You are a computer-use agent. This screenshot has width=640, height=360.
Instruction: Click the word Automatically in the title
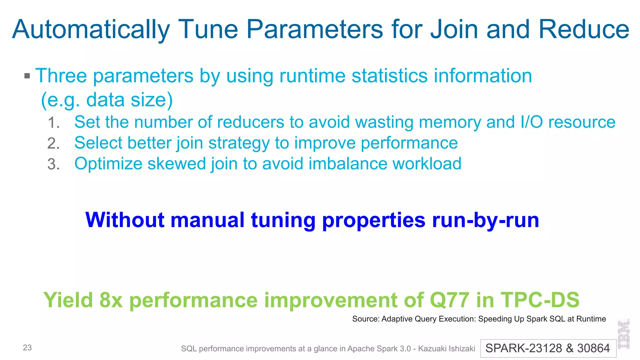[91, 30]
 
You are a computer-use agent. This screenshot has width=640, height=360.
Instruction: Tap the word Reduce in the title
[583, 29]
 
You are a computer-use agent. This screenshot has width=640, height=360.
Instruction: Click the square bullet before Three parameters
[27, 76]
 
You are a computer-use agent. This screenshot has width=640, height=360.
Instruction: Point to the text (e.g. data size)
[107, 100]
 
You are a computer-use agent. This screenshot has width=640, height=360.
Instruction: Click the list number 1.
[53, 122]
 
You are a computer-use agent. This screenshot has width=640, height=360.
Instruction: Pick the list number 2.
[53, 143]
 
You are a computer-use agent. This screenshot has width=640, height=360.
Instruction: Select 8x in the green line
[111, 300]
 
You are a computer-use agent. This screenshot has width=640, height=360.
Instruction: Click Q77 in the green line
[449, 300]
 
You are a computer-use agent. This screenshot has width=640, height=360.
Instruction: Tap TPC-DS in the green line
[540, 300]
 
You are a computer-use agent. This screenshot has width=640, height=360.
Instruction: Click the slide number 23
[27, 348]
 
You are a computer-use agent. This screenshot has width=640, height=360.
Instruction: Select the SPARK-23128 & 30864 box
[548, 348]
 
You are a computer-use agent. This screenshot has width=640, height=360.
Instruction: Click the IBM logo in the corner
[624, 334]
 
